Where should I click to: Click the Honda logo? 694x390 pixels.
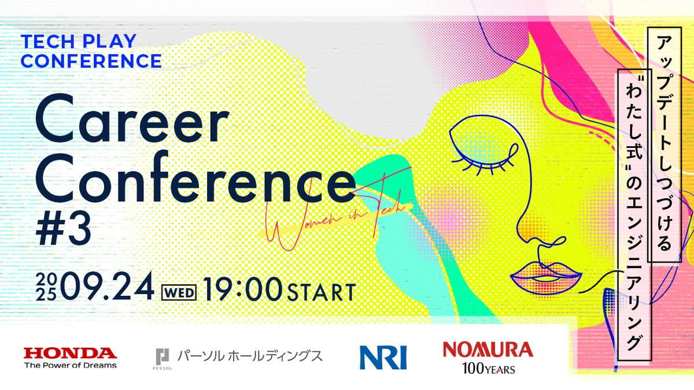pyautogui.click(x=71, y=358)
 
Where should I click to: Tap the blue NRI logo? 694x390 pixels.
pyautogui.click(x=383, y=358)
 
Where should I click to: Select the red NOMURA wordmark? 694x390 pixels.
pyautogui.click(x=488, y=350)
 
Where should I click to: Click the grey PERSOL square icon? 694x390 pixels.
pyautogui.click(x=163, y=357)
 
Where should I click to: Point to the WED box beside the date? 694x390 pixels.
pyautogui.click(x=179, y=292)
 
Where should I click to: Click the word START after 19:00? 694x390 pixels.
pyautogui.click(x=322, y=292)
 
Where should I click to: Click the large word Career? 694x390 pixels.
pyautogui.click(x=132, y=119)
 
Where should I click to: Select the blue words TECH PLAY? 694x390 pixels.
pyautogui.click(x=79, y=41)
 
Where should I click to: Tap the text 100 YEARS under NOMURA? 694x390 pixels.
pyautogui.click(x=489, y=369)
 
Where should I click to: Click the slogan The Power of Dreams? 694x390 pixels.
pyautogui.click(x=71, y=366)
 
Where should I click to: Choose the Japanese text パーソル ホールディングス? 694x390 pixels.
pyautogui.click(x=250, y=356)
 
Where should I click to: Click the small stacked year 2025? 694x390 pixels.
pyautogui.click(x=46, y=287)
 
